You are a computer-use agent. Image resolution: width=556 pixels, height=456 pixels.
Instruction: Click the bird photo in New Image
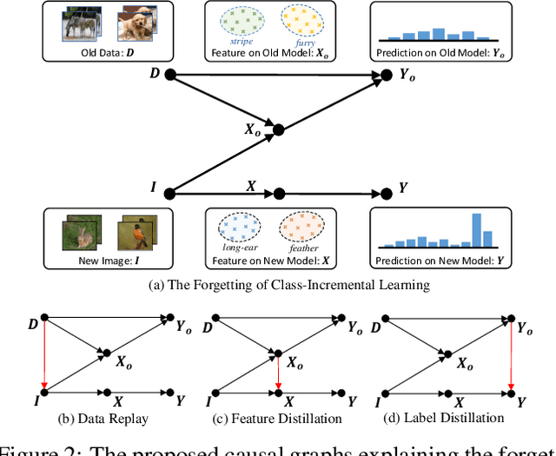pos(136,234)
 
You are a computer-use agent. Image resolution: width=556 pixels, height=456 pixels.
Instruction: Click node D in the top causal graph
pos(170,76)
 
